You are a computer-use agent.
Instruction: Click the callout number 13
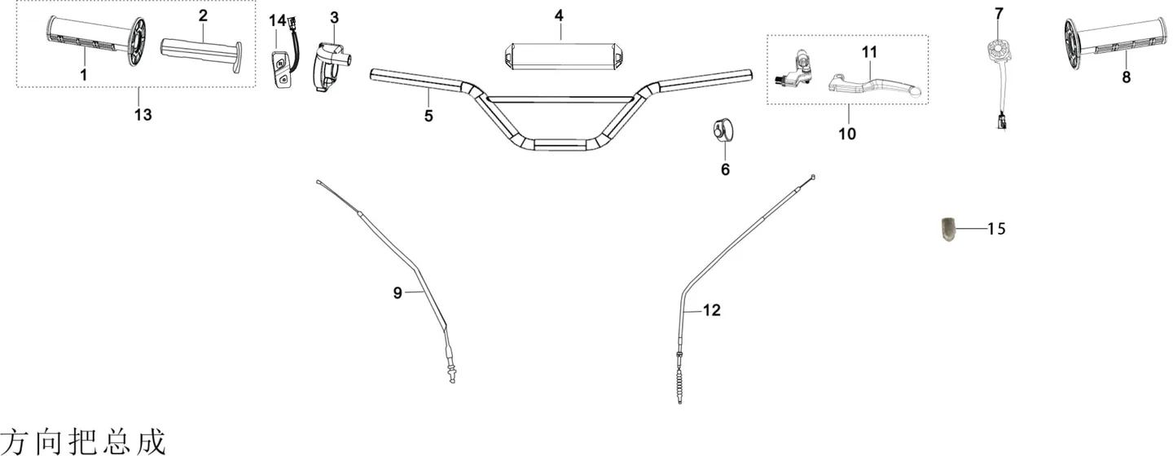click(143, 114)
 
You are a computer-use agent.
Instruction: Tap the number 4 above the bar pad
click(559, 15)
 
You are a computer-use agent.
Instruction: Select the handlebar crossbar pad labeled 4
click(560, 55)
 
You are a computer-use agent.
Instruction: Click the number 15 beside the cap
click(996, 229)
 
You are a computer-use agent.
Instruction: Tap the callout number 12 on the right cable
click(712, 310)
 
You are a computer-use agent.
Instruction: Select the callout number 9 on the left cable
click(398, 293)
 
